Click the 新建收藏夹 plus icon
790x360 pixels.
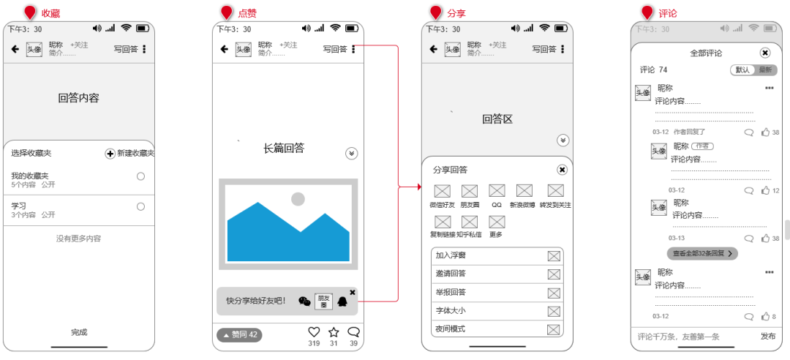click(110, 154)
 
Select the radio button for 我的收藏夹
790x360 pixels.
click(140, 176)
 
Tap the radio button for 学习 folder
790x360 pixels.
click(140, 207)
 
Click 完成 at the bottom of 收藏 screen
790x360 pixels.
click(79, 332)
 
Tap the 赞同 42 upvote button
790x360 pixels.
click(239, 335)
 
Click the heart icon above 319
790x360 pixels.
click(314, 332)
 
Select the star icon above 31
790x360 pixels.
click(334, 332)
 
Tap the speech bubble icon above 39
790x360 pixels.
click(354, 332)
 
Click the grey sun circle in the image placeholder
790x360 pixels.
click(298, 199)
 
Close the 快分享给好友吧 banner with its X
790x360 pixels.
click(353, 292)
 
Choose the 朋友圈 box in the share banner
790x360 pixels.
click(323, 301)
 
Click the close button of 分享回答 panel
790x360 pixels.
click(562, 170)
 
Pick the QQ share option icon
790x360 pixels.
click(497, 191)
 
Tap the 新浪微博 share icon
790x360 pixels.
click(524, 191)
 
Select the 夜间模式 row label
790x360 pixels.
click(451, 329)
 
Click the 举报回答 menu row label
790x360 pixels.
click(451, 292)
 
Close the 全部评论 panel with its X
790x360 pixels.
click(765, 53)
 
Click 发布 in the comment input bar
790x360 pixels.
click(768, 337)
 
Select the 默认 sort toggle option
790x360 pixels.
click(742, 70)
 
